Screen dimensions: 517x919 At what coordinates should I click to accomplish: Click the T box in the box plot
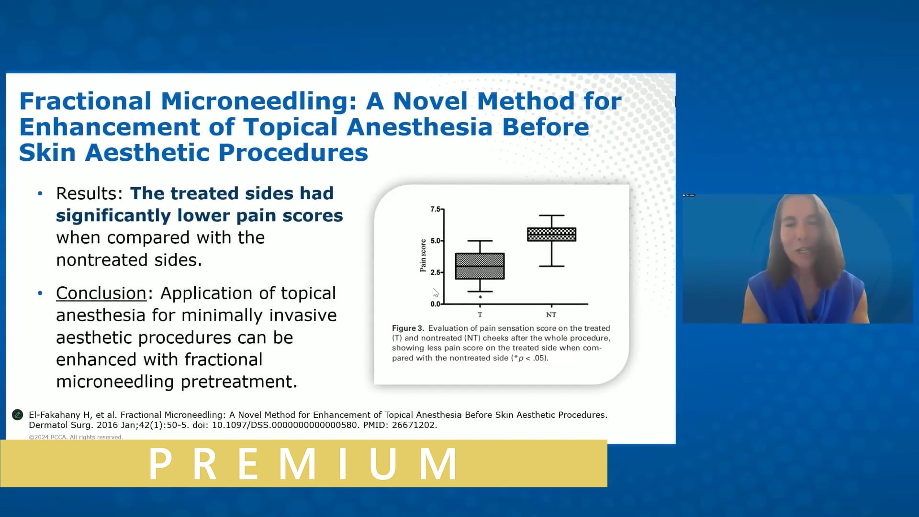[x=480, y=266]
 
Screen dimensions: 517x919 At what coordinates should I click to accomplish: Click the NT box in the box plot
[x=551, y=234]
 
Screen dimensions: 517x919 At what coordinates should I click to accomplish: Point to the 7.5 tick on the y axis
[x=435, y=209]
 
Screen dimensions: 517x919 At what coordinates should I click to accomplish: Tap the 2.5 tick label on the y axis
[x=435, y=272]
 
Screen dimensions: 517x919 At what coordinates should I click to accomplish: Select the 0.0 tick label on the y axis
[x=435, y=304]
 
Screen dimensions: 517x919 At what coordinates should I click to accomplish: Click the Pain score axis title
[x=423, y=256]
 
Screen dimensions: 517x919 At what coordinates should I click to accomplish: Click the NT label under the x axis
[x=551, y=315]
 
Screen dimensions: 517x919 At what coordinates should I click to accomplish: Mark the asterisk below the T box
[x=480, y=297]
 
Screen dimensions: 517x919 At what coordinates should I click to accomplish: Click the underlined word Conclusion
[x=101, y=293]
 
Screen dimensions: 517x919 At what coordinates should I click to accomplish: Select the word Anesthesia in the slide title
[x=419, y=127]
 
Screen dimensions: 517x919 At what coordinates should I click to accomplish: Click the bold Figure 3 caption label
[x=407, y=328]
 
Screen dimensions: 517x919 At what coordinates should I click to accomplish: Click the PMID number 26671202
[x=414, y=425]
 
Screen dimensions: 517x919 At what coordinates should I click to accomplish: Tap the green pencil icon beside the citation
[x=18, y=415]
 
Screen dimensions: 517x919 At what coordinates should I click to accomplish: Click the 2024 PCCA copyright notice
[x=76, y=437]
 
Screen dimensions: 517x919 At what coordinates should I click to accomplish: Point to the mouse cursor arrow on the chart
[x=435, y=292]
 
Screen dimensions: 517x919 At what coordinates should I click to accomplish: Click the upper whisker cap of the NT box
[x=551, y=215]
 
